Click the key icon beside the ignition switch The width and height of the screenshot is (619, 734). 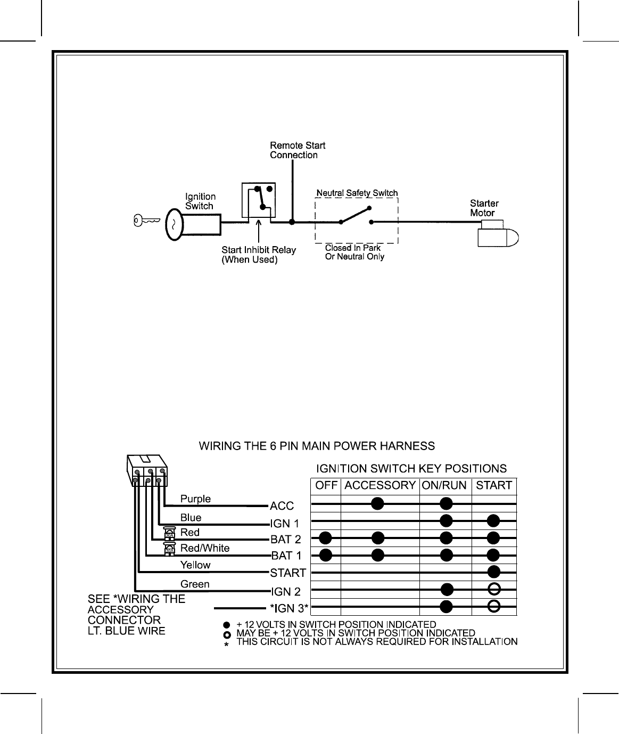pos(146,221)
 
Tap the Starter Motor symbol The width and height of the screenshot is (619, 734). pos(498,236)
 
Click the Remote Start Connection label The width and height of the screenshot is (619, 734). pos(297,150)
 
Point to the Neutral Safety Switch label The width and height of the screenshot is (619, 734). pos(357,193)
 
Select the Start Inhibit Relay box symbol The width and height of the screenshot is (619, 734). pos(258,201)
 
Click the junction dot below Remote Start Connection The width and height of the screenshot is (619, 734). pos(292,221)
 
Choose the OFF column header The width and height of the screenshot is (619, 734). pos(326,485)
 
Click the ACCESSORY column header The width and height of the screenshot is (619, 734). pos(379,485)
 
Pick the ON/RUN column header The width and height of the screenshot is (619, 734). pos(444,485)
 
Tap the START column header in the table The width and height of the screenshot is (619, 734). pos(494,485)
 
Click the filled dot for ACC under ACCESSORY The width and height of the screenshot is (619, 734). pos(378,503)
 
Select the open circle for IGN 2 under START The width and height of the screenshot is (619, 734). pos(494,589)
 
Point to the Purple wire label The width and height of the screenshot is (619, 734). pos(195,499)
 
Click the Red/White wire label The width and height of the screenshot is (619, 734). pos(205,548)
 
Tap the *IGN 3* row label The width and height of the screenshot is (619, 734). pos(289,608)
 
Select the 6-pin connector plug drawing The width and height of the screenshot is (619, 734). pos(147,471)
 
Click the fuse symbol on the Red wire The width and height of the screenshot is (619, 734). pos(170,533)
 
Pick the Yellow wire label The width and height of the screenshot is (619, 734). pos(195,565)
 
